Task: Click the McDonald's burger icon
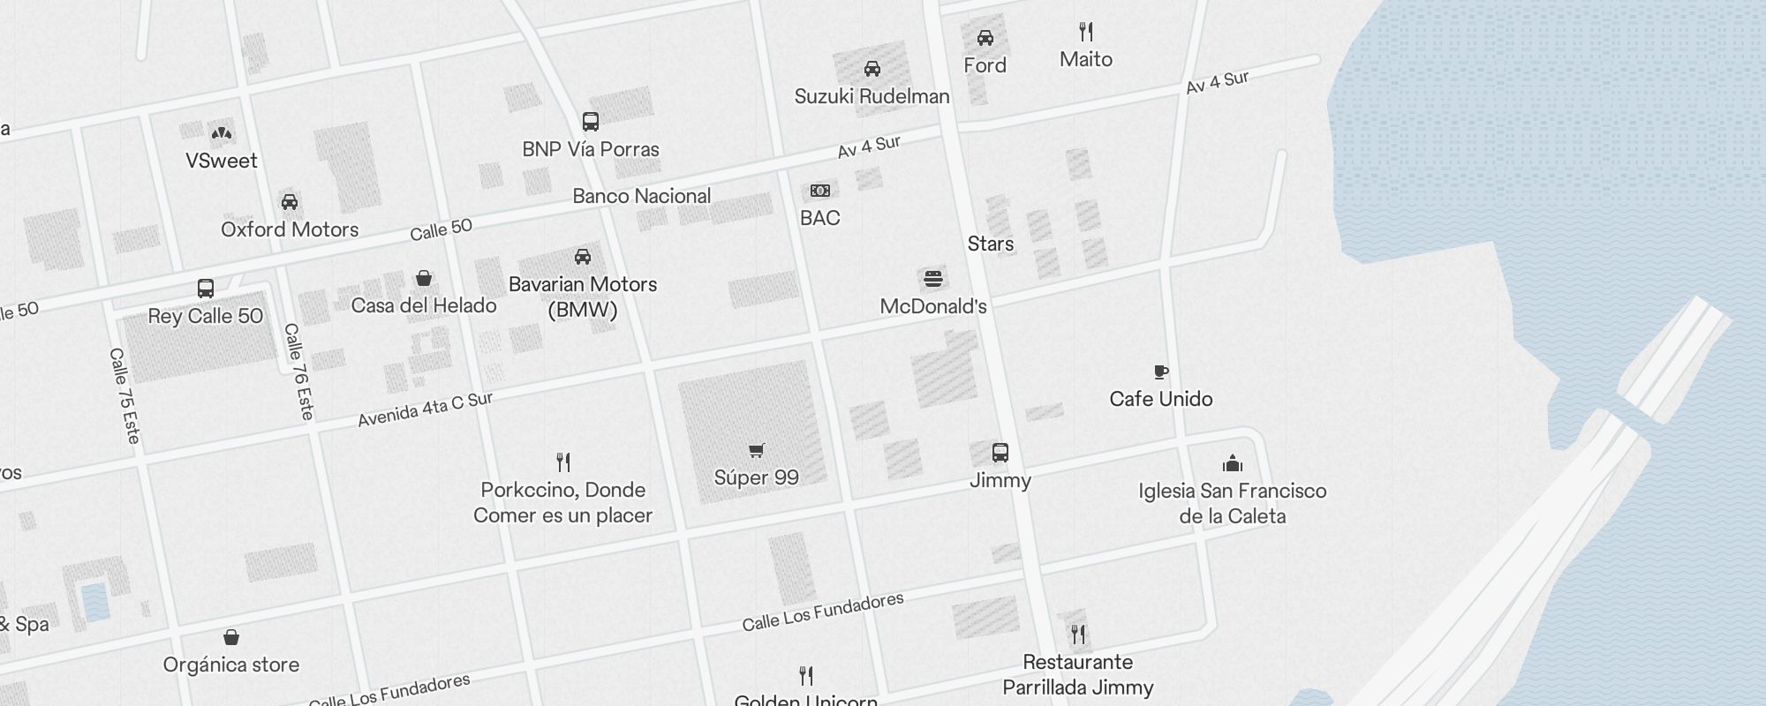point(933,280)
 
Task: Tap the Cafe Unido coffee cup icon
point(1161,372)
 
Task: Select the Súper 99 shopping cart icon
point(756,451)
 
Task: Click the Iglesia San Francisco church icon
point(1232,463)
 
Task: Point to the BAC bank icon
point(819,191)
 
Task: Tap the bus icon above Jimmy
point(1000,453)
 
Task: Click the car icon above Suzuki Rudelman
point(872,69)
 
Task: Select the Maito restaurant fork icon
point(1086,33)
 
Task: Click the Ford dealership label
point(985,65)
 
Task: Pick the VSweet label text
point(221,161)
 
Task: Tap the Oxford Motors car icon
point(290,202)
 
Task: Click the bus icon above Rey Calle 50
point(205,289)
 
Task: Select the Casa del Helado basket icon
point(424,279)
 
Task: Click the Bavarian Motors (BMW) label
point(583,297)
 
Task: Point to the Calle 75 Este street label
point(125,395)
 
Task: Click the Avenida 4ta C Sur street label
point(425,409)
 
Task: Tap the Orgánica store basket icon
point(230,637)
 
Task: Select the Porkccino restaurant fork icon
point(563,462)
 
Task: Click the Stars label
point(990,244)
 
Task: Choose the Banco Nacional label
point(641,196)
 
